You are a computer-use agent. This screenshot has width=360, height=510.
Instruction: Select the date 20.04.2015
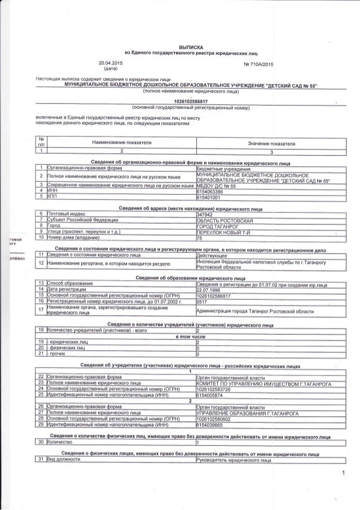tap(110, 62)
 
